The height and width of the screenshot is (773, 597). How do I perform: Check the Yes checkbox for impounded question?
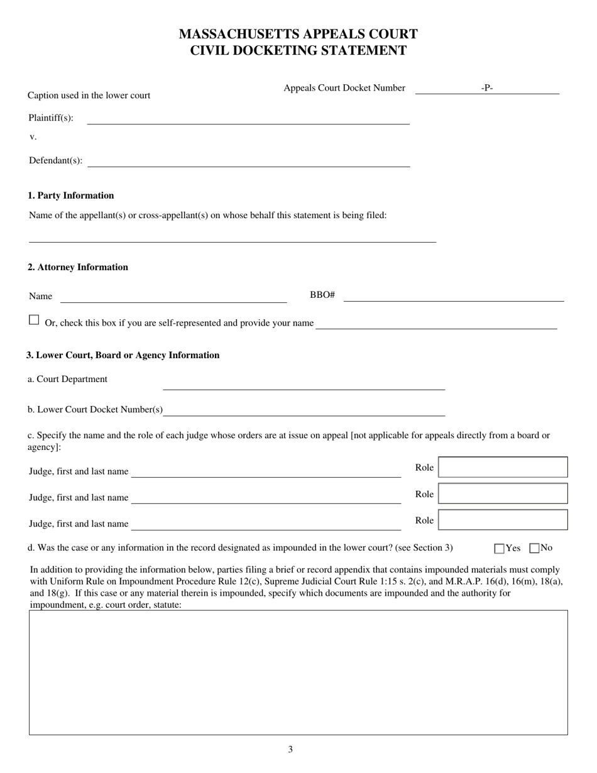pos(500,549)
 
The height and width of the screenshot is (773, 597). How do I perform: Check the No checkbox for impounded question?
pos(535,549)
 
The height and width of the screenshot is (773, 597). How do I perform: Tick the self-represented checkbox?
pos(34,320)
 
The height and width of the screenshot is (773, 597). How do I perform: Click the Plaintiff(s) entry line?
pos(248,119)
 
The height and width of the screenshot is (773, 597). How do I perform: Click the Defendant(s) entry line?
pos(248,162)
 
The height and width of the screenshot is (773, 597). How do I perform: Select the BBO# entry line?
pos(453,297)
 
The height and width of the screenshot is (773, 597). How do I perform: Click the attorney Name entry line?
pos(173,297)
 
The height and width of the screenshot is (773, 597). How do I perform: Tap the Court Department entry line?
pos(304,385)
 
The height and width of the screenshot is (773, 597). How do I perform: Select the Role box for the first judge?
pos(503,468)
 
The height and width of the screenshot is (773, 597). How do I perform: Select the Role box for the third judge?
pos(503,520)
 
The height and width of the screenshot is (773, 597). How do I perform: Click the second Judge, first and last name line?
pos(266,498)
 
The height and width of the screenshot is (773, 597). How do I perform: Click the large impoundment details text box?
pos(298,672)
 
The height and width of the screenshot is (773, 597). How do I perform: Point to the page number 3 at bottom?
pos(290,749)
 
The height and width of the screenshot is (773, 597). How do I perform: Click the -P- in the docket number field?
pos(487,88)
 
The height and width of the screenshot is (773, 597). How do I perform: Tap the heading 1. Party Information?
pos(71,195)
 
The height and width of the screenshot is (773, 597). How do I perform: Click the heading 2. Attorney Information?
pos(78,267)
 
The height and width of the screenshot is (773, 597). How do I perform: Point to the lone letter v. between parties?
pos(33,136)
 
